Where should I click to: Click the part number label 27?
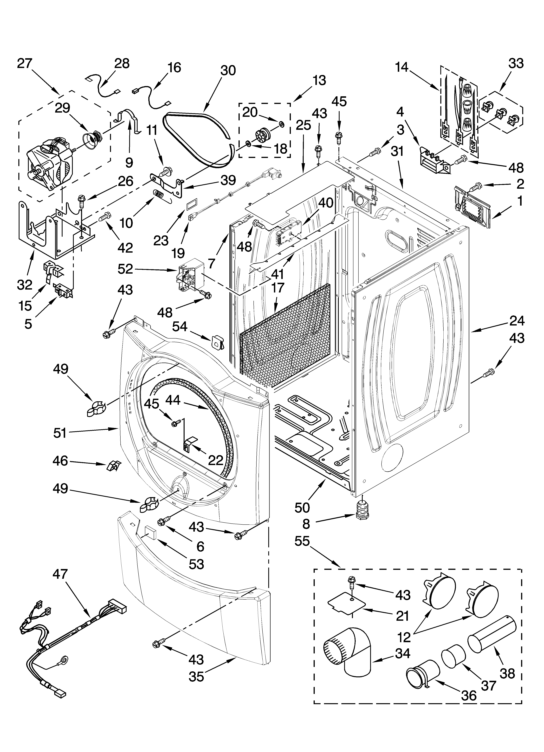pos(25,63)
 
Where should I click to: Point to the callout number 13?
pos(319,80)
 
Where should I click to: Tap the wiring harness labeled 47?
pos(66,627)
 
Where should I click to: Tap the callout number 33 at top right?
pos(516,63)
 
